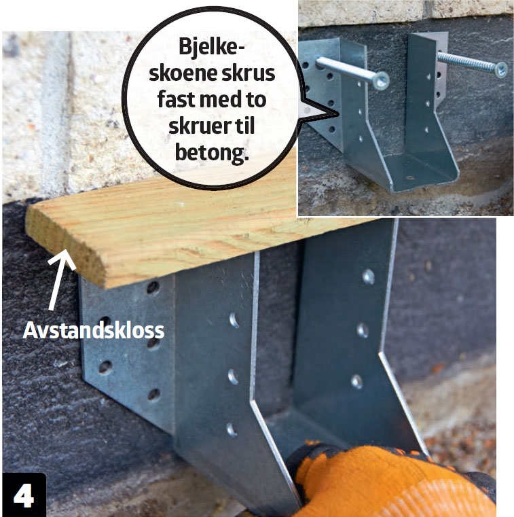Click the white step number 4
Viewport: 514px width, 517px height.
23,495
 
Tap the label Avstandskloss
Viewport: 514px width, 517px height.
94,330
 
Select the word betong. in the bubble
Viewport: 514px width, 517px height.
212,153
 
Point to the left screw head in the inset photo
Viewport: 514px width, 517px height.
382,80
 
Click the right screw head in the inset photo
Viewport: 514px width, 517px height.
501,69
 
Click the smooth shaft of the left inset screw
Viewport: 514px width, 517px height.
346,70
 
